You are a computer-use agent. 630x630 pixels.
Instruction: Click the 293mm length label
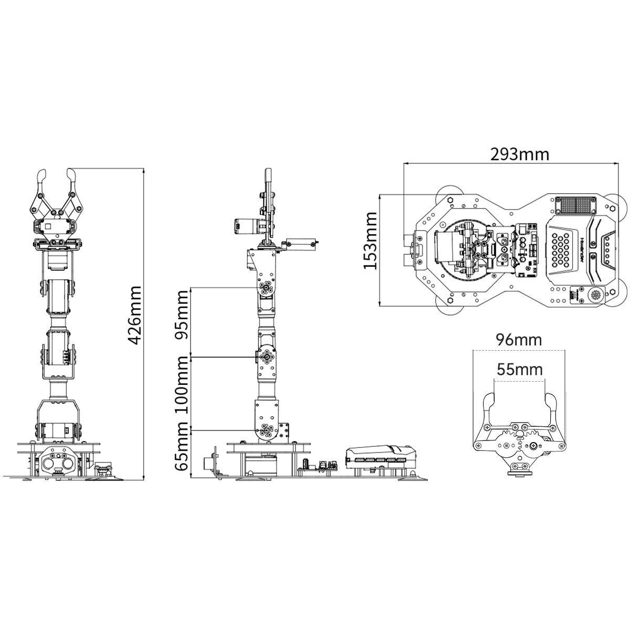click(519, 154)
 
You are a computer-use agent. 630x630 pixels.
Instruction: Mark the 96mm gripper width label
click(519, 340)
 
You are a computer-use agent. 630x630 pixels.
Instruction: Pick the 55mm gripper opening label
click(520, 370)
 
